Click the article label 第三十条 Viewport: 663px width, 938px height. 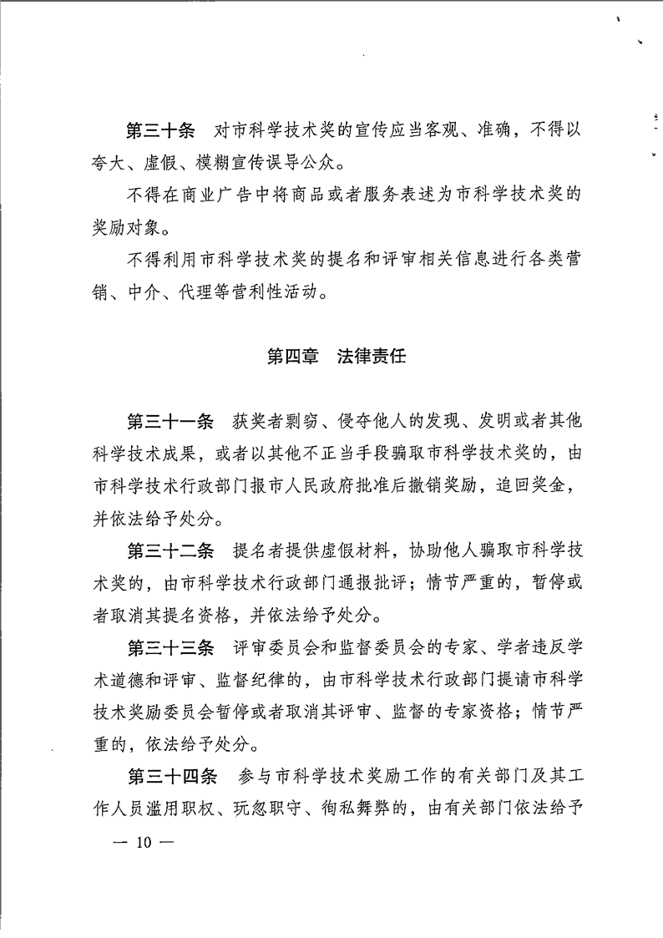click(160, 131)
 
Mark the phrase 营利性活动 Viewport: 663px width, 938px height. click(291, 292)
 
